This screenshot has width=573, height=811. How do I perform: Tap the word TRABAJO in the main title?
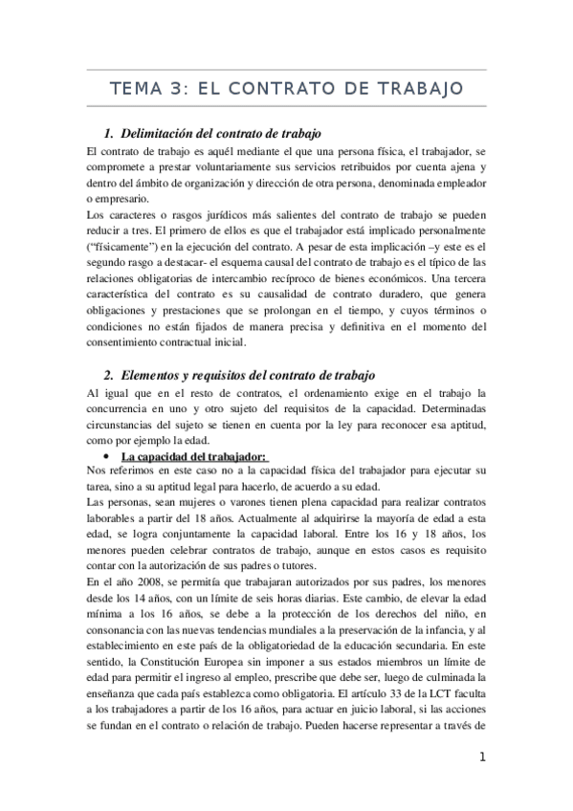(x=419, y=89)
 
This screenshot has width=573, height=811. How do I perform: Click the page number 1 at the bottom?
(x=484, y=757)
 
